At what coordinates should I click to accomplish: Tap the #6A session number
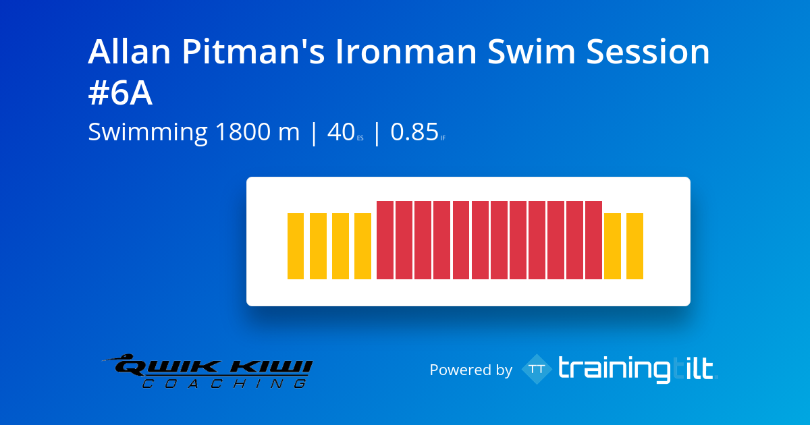tap(120, 94)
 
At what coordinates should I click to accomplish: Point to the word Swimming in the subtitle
tap(147, 132)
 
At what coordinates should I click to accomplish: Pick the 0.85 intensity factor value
tap(414, 132)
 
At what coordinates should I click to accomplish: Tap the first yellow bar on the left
tap(296, 246)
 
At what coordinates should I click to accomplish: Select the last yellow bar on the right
tap(634, 246)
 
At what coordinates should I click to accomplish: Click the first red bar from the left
tap(385, 240)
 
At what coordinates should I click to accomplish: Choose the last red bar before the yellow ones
tap(593, 240)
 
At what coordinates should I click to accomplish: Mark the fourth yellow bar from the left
tap(362, 246)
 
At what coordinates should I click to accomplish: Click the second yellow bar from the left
tap(318, 246)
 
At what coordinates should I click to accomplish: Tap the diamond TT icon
tap(537, 369)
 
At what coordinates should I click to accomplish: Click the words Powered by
tap(470, 370)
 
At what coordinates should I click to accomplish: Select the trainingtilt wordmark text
tap(636, 369)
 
